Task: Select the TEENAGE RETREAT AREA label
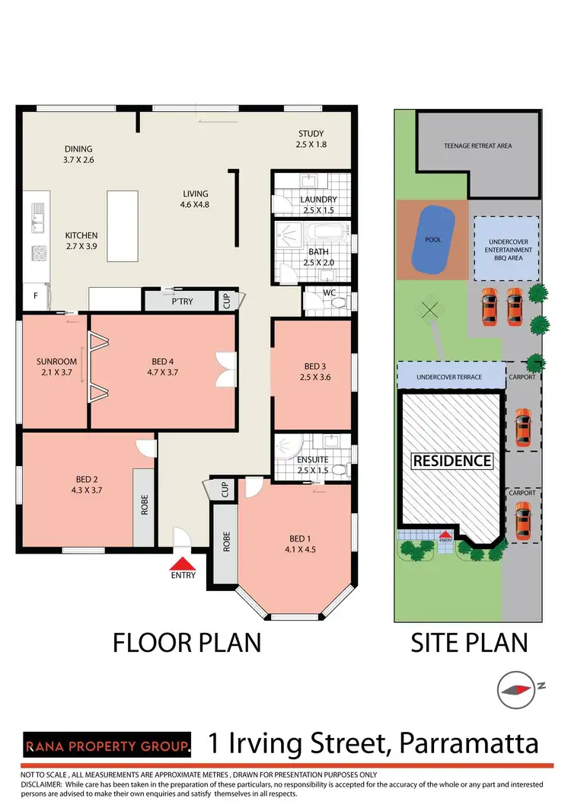tap(477, 145)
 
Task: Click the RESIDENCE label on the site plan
tap(451, 461)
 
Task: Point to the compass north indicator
tap(515, 690)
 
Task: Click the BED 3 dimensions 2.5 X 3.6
tap(315, 377)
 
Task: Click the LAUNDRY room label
tap(318, 200)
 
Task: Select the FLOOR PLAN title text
tap(187, 642)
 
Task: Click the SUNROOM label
tap(54, 362)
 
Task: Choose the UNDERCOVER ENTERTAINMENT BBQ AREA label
tap(507, 249)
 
